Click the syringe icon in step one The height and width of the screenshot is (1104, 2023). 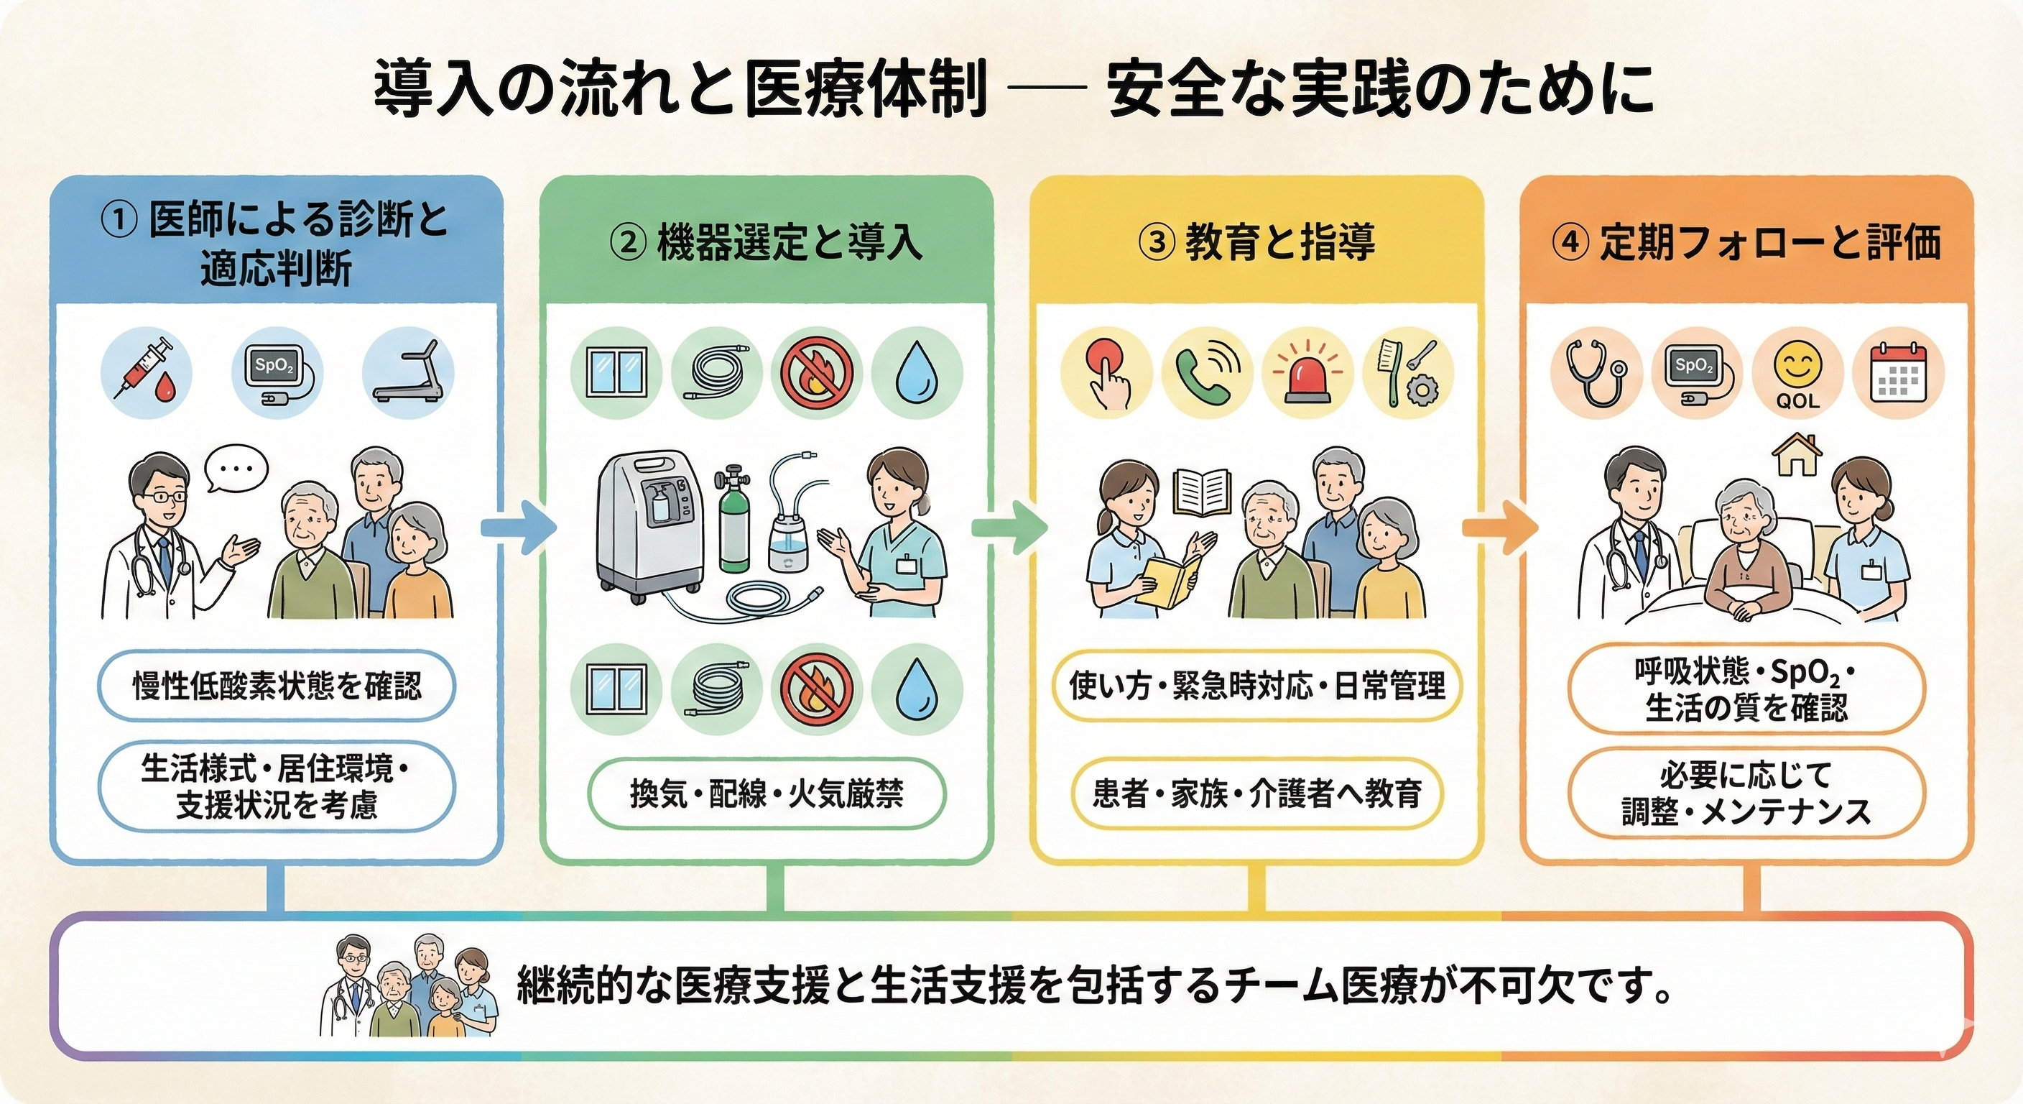tap(145, 369)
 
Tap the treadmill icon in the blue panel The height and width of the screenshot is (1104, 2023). tap(407, 371)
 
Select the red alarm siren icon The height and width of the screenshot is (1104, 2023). tap(1307, 372)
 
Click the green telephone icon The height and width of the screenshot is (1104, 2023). tap(1206, 372)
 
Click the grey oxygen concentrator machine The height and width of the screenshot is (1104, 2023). tap(648, 526)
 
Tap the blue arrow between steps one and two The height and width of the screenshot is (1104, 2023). tap(518, 528)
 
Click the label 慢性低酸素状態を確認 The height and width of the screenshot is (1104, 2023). tap(277, 685)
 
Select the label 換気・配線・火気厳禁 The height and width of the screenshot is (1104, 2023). tap(767, 793)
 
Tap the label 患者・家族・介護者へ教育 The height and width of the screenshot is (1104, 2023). tap(1256, 793)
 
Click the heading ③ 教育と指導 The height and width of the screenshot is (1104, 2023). tap(1256, 242)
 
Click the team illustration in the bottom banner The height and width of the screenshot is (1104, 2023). tap(410, 986)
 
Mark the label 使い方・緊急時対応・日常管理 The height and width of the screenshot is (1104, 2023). tap(1256, 685)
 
